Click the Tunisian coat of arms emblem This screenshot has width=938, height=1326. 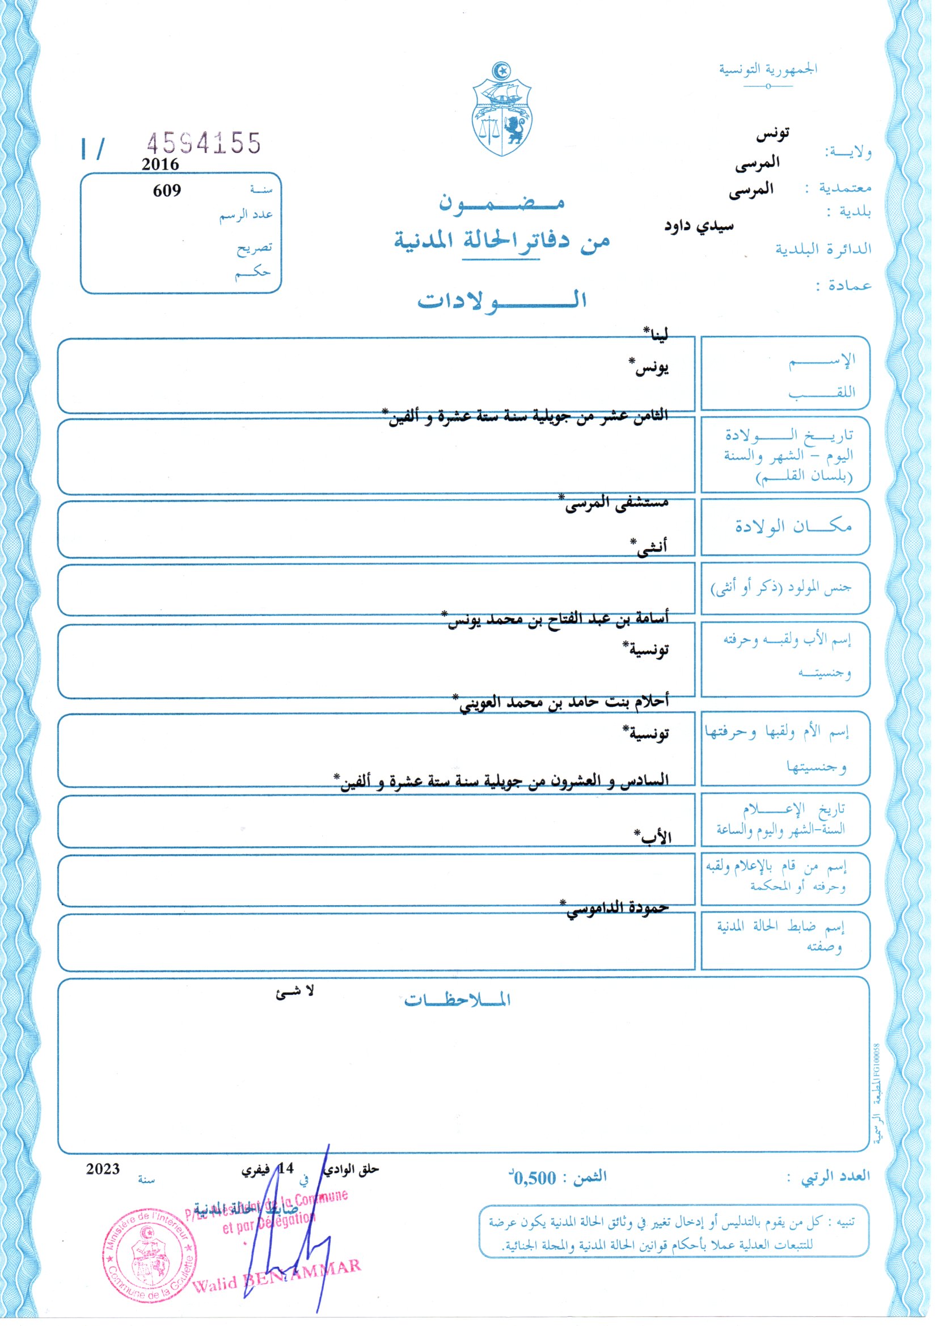502,109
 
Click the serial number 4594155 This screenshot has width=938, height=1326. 204,143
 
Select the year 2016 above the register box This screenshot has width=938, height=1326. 160,164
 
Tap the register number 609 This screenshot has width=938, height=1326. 167,191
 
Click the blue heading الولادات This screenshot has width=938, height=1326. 502,301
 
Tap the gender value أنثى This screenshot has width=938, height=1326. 650,546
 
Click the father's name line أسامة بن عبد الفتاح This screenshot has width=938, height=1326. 557,619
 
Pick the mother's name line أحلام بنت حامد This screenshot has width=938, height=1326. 563,702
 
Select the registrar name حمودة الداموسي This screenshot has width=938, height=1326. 615,907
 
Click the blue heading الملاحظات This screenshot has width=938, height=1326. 457,999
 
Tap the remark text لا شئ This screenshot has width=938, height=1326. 294,991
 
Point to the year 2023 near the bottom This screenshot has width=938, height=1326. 103,1169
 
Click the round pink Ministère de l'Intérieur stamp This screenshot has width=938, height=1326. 150,1253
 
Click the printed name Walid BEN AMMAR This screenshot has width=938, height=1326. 276,1274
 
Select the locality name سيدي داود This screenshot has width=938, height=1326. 698,225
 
